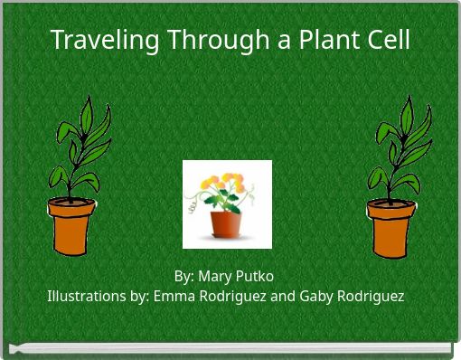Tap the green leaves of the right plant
[x=390, y=145]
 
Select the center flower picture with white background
[x=227, y=204]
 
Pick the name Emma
[x=173, y=296]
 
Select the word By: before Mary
[x=183, y=276]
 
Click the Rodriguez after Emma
[x=230, y=296]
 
